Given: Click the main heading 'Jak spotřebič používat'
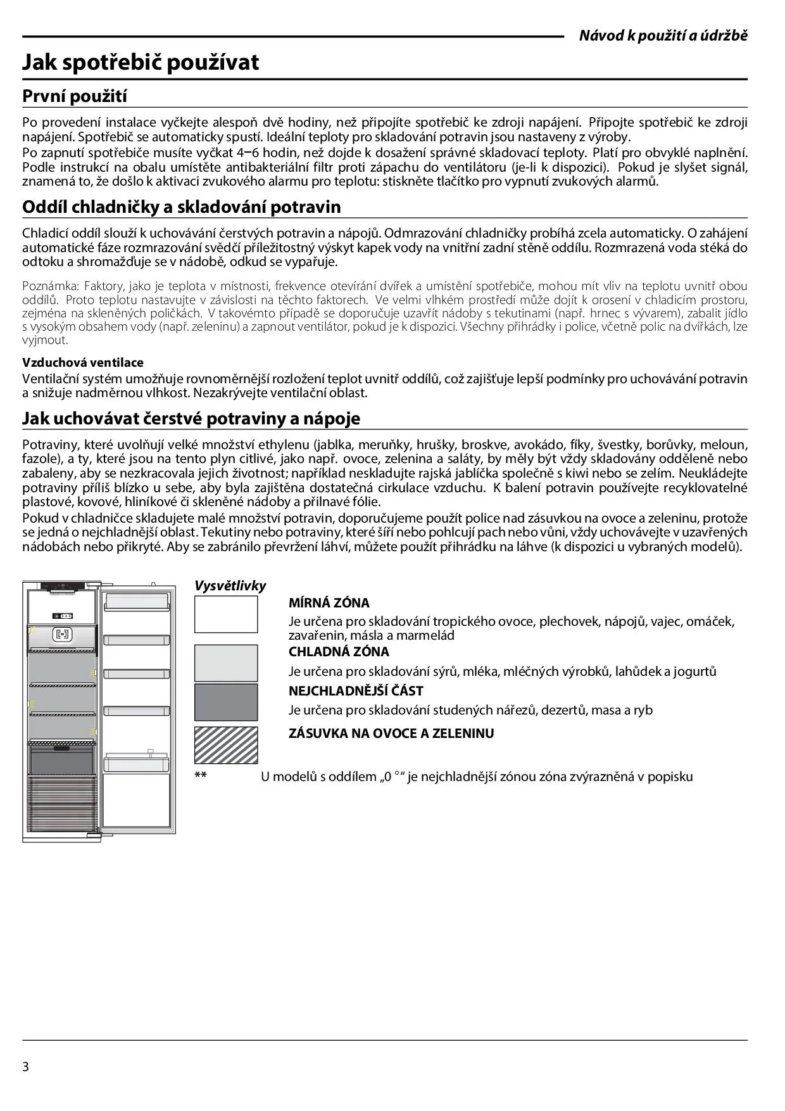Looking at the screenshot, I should point(141,62).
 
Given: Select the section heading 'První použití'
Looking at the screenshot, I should point(75,96).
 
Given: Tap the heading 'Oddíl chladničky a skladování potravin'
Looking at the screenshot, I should point(181,207).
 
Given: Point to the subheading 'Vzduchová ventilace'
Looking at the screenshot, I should point(83,362).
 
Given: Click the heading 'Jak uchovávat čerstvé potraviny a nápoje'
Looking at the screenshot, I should point(191,418).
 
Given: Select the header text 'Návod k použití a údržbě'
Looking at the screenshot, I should point(663,35).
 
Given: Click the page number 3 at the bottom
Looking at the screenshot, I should point(26,1066).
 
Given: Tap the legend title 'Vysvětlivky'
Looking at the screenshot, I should point(230,586).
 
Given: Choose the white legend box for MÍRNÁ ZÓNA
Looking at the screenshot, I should point(226,614).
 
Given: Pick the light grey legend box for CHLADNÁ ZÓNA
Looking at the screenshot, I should point(226,663).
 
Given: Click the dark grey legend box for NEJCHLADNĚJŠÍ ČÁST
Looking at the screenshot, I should point(226,702).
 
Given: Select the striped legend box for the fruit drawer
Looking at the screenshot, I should point(226,744).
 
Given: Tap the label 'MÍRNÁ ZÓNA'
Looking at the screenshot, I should point(329,603).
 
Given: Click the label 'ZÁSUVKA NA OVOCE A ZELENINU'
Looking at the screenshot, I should point(391,733).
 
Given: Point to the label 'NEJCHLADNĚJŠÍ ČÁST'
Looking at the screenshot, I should point(356,691).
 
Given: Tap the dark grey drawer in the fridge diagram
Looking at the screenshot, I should point(62,759).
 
